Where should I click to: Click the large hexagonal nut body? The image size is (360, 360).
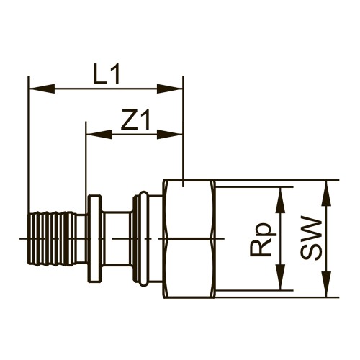(x=189, y=238)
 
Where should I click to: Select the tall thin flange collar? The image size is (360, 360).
(x=94, y=238)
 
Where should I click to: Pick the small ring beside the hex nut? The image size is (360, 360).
(x=143, y=238)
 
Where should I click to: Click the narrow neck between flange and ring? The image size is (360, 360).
(x=117, y=238)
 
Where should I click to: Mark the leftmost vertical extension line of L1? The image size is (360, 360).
(x=28, y=144)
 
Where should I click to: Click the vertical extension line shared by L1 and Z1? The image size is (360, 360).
(x=184, y=130)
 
